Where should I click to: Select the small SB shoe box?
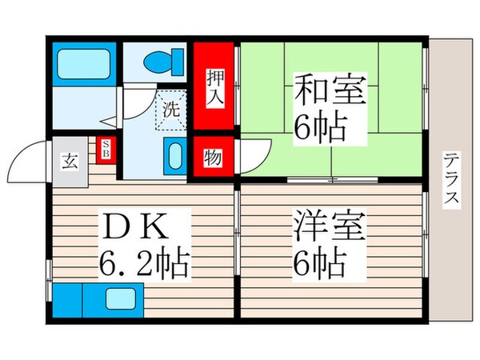point(106,149)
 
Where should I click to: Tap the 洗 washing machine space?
point(170,109)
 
